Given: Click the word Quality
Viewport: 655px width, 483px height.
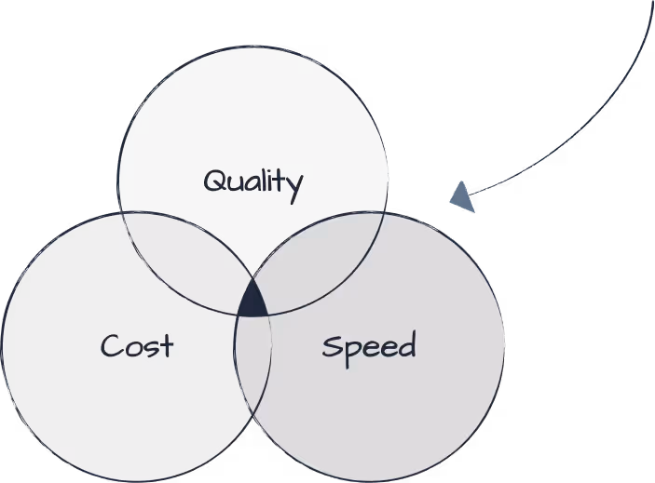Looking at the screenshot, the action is click(252, 181).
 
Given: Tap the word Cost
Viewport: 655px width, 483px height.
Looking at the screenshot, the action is click(137, 346).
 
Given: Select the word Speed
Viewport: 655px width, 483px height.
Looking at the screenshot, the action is click(368, 347).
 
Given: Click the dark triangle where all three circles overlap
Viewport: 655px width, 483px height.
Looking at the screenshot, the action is click(252, 302).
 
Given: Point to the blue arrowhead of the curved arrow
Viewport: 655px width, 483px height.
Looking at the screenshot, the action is click(461, 196).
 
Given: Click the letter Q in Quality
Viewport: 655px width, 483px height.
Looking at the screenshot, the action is click(214, 180).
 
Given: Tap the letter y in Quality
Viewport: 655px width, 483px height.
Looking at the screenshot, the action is click(294, 184).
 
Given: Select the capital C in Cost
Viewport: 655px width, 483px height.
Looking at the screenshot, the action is click(111, 346).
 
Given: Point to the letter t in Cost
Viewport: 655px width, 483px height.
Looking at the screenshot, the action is click(166, 345).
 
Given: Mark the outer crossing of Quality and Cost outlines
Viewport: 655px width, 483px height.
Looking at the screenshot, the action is click(121, 213).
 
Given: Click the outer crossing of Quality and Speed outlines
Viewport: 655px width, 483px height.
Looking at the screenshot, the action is click(384, 213).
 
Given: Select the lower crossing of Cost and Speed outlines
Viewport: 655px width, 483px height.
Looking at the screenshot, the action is click(252, 429).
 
